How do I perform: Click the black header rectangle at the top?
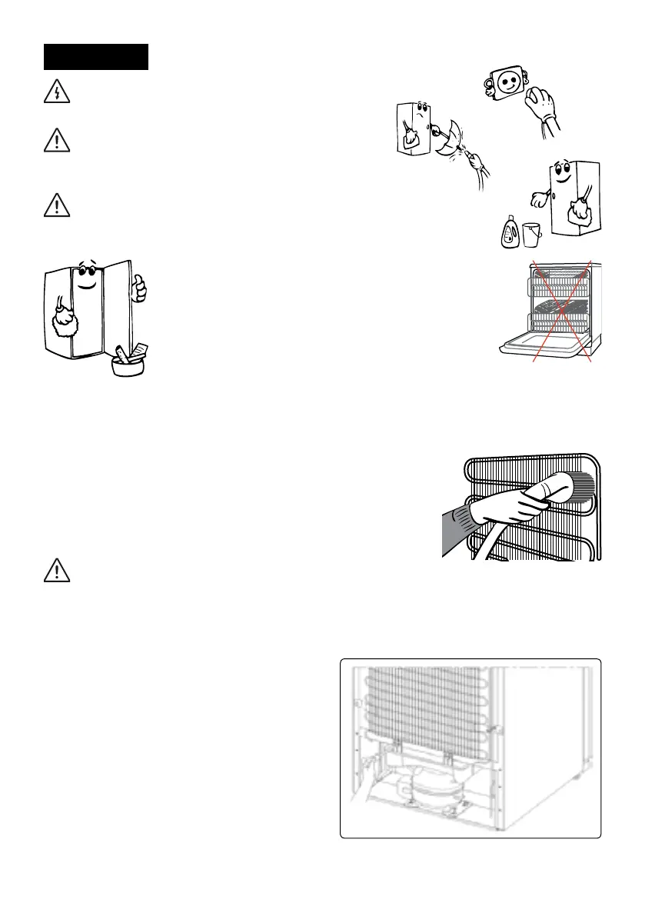(95, 57)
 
